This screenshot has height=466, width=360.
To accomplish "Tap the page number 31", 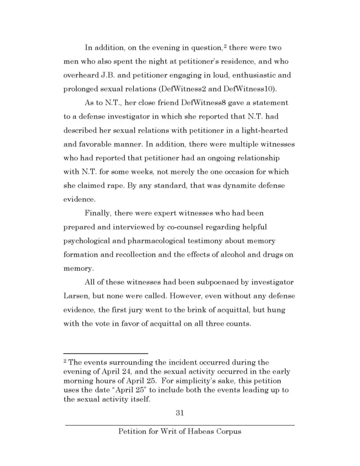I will [179, 413].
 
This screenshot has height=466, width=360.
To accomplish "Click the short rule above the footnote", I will [106, 354].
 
